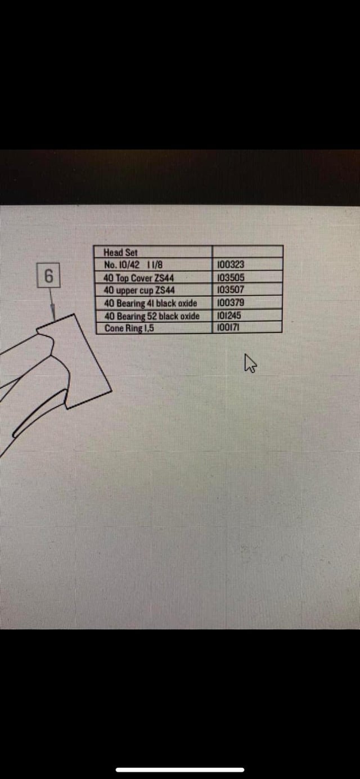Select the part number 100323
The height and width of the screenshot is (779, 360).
[231, 265]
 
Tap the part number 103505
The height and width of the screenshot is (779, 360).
[231, 277]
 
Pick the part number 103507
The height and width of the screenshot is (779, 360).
[231, 289]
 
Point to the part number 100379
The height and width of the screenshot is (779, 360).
[231, 303]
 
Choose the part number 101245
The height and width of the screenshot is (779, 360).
[229, 316]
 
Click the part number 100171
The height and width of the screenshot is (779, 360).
[228, 327]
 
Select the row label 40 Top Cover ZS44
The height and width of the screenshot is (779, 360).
[139, 278]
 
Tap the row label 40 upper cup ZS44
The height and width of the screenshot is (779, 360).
[139, 290]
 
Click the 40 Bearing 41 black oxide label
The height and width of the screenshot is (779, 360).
[151, 303]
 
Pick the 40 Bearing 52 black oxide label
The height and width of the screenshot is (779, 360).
[152, 316]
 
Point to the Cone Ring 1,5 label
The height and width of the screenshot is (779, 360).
[129, 328]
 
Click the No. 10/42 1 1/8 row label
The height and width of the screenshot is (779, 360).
[133, 265]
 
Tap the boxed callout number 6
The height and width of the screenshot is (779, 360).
[49, 276]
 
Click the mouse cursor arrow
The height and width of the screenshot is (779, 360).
[250, 363]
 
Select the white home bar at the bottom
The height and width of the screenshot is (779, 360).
[180, 769]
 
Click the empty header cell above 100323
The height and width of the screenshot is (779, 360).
[247, 251]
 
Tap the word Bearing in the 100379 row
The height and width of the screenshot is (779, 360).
[130, 304]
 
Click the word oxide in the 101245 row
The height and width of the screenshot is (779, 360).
[190, 316]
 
